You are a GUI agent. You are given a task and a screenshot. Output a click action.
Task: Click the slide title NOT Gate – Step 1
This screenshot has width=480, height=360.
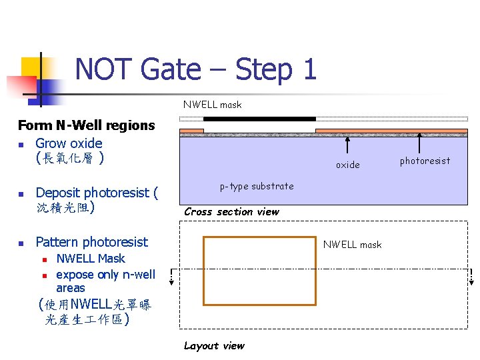pyautogui.click(x=195, y=69)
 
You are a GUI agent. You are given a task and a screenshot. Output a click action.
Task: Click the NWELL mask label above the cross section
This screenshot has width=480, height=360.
pyautogui.click(x=212, y=105)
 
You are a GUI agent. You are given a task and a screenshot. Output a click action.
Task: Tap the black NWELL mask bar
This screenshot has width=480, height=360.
pyautogui.click(x=259, y=119)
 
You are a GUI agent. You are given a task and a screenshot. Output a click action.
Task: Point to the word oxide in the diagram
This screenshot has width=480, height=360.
pyautogui.click(x=347, y=165)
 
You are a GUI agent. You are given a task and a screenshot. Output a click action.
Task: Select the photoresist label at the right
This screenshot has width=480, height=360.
pyautogui.click(x=425, y=161)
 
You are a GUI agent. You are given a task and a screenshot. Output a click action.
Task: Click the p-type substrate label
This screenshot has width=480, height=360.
pyautogui.click(x=257, y=186)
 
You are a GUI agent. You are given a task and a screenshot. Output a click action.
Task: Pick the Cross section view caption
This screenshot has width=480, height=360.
pyautogui.click(x=231, y=212)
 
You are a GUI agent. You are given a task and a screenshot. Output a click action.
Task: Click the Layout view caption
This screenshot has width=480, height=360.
pyautogui.click(x=214, y=345)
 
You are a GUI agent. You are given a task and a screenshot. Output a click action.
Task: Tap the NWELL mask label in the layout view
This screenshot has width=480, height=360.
pyautogui.click(x=352, y=245)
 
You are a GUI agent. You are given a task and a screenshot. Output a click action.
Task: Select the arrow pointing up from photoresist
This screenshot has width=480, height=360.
pyautogui.click(x=419, y=143)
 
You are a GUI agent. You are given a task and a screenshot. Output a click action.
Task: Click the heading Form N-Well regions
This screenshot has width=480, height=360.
pyautogui.click(x=86, y=125)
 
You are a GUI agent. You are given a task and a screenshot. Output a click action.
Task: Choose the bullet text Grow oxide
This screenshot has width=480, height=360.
pyautogui.click(x=69, y=143)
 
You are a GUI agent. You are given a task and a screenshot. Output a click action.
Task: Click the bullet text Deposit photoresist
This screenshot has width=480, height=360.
pyautogui.click(x=97, y=193)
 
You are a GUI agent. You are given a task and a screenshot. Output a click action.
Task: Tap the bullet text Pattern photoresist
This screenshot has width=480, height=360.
pyautogui.click(x=91, y=242)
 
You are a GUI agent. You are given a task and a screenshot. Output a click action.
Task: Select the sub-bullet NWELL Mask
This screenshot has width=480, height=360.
pyautogui.click(x=90, y=259)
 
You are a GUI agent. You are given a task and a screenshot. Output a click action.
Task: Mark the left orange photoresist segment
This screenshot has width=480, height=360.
pyautogui.click(x=192, y=130)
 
